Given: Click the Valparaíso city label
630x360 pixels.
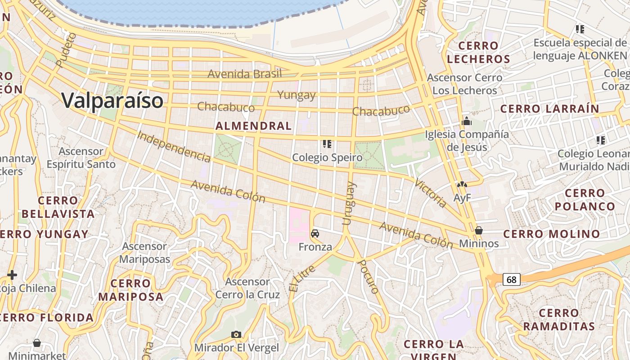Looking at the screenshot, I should click(x=112, y=100).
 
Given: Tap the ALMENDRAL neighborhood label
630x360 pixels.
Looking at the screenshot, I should click(x=254, y=126).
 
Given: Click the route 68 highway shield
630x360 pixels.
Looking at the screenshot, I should click(x=512, y=280).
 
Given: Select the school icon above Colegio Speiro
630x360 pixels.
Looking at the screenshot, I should click(x=327, y=144).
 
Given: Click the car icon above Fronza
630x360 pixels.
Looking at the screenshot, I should click(x=315, y=234).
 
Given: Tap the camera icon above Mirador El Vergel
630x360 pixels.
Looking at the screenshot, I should click(x=236, y=334).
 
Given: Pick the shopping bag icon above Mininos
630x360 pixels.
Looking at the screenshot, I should click(x=479, y=230).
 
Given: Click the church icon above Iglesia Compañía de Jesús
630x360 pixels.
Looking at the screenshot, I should click(x=466, y=121).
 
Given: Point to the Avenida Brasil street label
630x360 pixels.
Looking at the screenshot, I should click(x=244, y=74).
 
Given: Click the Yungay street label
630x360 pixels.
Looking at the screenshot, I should click(x=297, y=95).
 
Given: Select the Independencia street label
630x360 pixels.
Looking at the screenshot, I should click(x=174, y=146).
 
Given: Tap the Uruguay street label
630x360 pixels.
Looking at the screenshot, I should click(x=349, y=203).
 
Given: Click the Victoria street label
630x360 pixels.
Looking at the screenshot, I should click(x=431, y=193).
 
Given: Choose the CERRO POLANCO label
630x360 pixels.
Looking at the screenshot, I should click(x=585, y=200).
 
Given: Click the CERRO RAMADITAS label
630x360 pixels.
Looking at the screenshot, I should click(x=559, y=319).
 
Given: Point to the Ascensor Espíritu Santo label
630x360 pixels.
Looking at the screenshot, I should click(x=81, y=157).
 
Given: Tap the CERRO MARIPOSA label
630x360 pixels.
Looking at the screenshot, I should click(x=131, y=290).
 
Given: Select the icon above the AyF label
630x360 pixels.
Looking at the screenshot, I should click(x=462, y=184).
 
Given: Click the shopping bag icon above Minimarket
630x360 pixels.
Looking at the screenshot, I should click(x=37, y=343).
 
